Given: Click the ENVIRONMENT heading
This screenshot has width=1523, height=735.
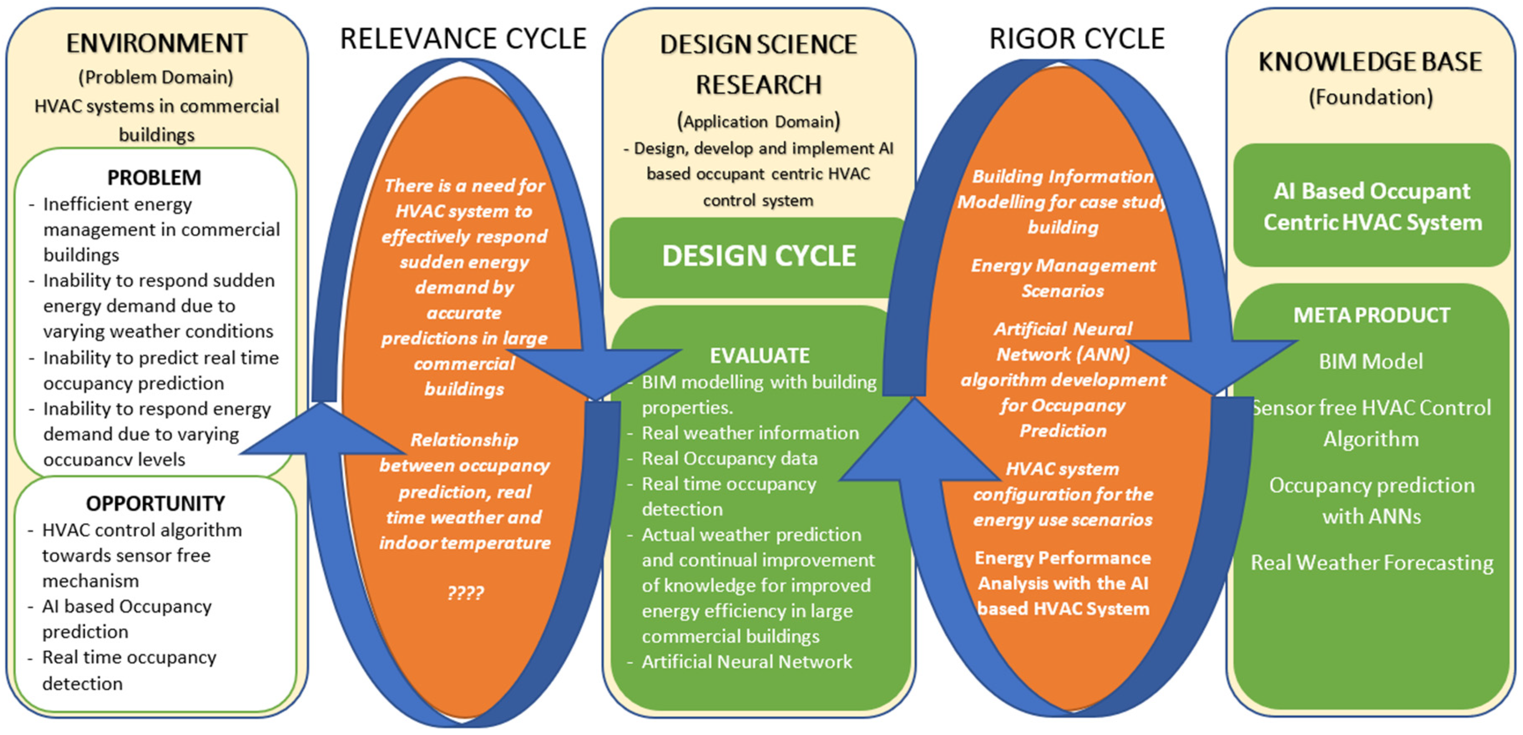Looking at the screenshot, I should click(156, 43).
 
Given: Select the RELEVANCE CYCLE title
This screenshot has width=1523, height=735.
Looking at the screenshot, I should click(463, 39).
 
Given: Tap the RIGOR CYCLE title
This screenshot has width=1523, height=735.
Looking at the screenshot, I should click(1077, 39).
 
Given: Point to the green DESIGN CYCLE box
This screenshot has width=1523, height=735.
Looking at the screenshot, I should click(758, 256).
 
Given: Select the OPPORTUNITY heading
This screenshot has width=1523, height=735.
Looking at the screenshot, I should click(156, 503).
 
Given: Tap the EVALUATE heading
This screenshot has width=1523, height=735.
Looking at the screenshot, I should click(759, 355).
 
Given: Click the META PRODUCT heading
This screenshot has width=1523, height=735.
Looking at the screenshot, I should click(1371, 315).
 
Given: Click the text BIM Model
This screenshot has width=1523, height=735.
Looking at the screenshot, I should click(1371, 361).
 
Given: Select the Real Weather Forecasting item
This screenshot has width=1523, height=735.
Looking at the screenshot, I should click(1371, 562).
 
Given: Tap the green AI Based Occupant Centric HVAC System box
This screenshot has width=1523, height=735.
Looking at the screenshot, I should click(1371, 206).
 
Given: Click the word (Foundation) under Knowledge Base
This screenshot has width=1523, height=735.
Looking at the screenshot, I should click(1371, 97).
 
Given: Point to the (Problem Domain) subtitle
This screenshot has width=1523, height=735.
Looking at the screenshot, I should click(156, 77).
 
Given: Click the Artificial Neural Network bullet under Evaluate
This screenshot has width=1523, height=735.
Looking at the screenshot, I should click(746, 661).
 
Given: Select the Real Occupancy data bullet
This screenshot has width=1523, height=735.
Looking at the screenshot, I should click(730, 458).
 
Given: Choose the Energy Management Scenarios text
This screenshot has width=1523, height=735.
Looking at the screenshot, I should click(1063, 278).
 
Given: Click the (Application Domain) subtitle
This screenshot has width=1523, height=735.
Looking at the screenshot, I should click(758, 121).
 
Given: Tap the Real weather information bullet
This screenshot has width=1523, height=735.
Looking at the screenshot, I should click(750, 433).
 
